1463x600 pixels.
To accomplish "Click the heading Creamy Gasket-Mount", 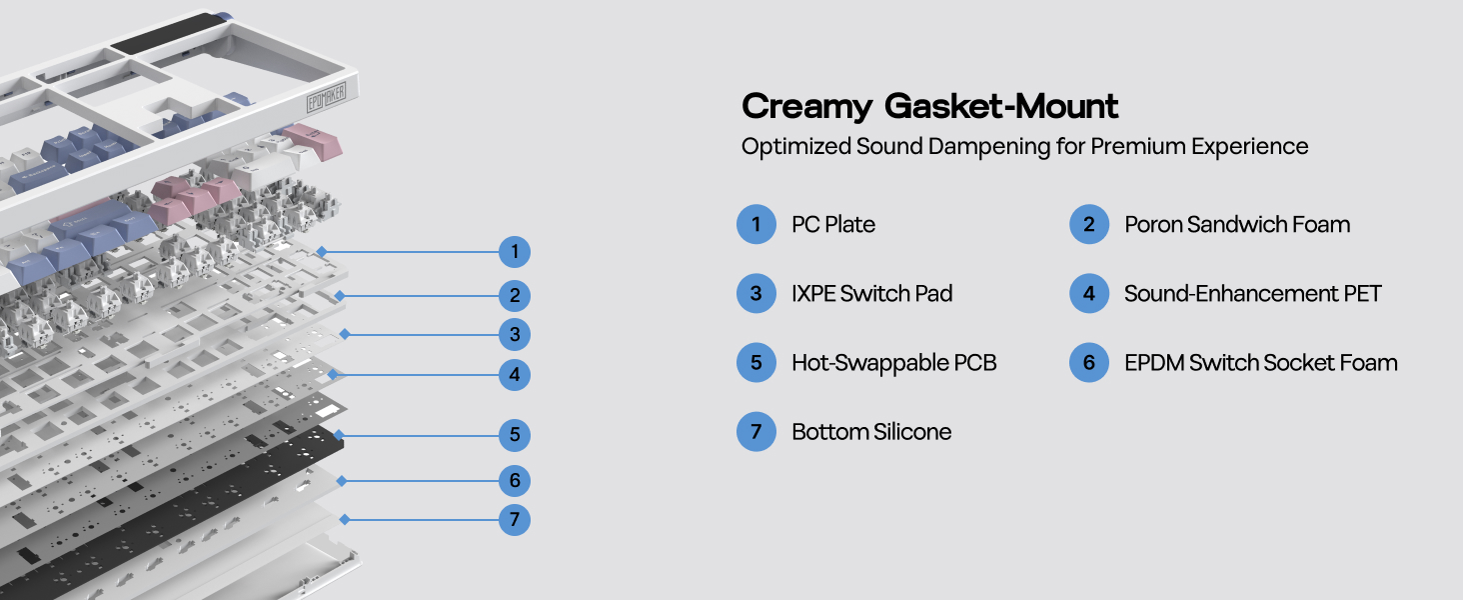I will pos(929,106).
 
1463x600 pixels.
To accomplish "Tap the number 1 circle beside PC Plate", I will pos(756,224).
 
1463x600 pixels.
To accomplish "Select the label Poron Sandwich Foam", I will pos(1237,224).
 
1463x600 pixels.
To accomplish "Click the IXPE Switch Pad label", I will pos(871,293).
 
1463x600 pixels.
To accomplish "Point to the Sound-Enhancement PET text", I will pos(1252,293).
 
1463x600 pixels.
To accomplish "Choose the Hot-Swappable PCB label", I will pos(893,362).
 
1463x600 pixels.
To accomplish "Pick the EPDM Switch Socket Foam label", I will pos(1260,362).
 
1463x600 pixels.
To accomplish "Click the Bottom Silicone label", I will pos(870,432).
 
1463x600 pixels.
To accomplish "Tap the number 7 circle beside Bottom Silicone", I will pos(756,432).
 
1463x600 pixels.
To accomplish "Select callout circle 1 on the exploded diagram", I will pos(515,252).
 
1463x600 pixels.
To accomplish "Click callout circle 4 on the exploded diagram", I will pos(515,376).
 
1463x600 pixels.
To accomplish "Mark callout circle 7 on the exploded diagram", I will pos(515,520).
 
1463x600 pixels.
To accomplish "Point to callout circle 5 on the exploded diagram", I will pos(515,435).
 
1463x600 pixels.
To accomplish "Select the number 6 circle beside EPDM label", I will pos(1089,362).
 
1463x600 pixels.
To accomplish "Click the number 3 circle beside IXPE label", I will pos(756,293).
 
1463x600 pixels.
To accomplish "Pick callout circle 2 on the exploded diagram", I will pos(515,296).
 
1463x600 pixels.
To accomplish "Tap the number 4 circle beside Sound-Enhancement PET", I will pos(1089,293).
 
